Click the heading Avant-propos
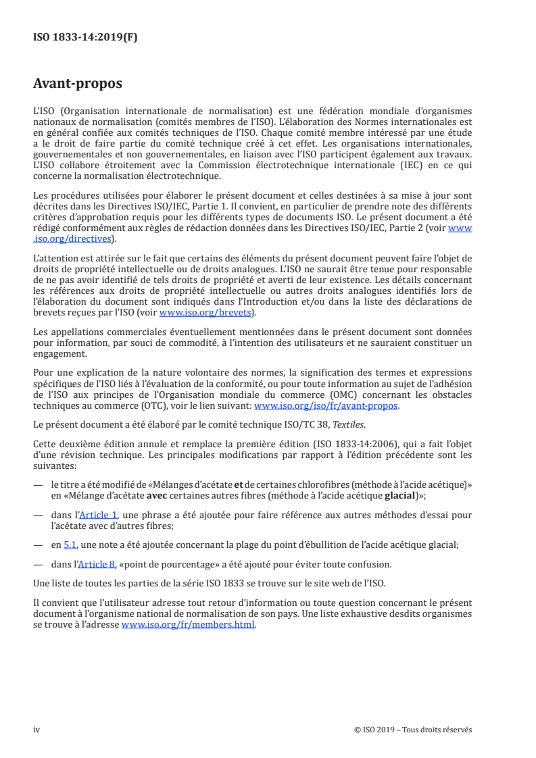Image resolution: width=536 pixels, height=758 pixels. [x=78, y=84]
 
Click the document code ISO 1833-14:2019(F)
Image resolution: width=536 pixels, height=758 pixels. [x=85, y=38]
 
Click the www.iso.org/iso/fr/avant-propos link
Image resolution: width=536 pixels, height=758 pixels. [x=326, y=406]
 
